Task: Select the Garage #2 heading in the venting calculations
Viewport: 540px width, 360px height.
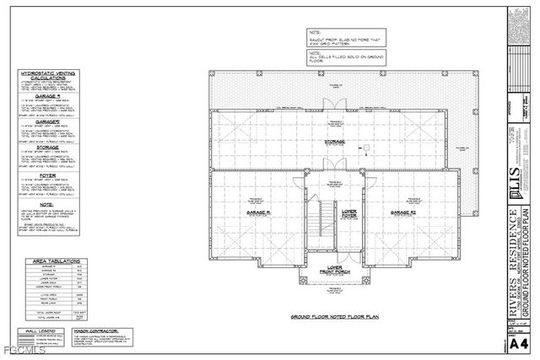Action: coord(49,121)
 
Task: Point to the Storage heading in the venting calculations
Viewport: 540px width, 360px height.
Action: coord(49,147)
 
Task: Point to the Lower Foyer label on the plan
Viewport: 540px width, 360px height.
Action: coord(348,214)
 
